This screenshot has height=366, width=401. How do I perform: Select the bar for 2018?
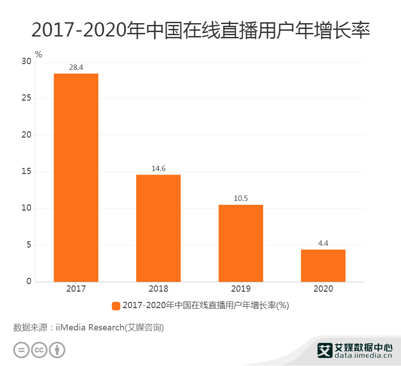[x=158, y=228]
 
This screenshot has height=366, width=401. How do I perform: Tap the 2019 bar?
[x=241, y=243]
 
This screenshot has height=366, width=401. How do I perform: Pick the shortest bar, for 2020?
[x=323, y=265]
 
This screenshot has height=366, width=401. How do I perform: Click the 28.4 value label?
[x=76, y=68]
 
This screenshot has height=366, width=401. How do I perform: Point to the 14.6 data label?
[x=158, y=169]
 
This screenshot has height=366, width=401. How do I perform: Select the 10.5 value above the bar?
[x=241, y=199]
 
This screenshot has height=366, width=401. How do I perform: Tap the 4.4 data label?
[x=323, y=244]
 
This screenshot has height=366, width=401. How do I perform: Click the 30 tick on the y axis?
[x=26, y=62]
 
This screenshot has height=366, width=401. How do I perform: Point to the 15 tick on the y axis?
[x=26, y=172]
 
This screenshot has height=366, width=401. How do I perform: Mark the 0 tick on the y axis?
[x=29, y=281]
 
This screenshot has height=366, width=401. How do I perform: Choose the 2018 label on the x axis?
[x=158, y=289]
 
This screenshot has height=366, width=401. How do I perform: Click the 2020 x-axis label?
[x=323, y=289]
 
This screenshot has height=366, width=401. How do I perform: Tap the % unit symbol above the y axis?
[x=39, y=55]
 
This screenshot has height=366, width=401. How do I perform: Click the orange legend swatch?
[x=116, y=306]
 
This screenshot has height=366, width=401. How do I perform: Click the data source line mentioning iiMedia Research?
[x=89, y=328]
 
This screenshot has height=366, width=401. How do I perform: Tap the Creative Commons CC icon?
[x=39, y=350]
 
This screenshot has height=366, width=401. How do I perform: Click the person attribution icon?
[x=57, y=350]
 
